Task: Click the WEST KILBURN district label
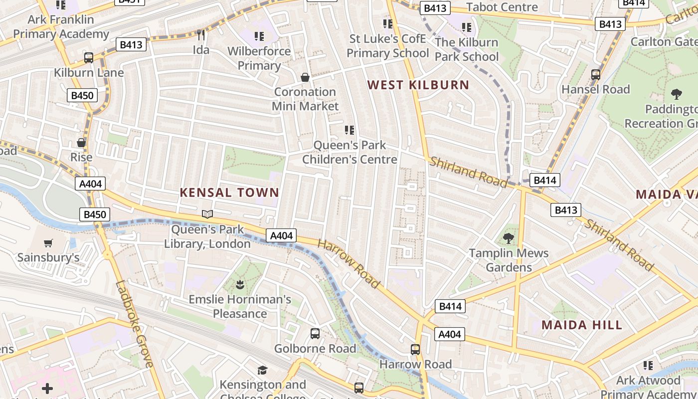pos(418,85)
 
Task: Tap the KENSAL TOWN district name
pos(229,193)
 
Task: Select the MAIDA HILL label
pos(582,325)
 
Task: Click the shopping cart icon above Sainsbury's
pos(48,243)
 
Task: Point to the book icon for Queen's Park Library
pos(207,214)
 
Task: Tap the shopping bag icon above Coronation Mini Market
pos(305,77)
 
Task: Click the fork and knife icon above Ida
pos(201,35)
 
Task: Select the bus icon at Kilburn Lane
pos(89,58)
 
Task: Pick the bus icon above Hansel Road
pos(595,75)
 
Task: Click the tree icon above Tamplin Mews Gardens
pos(509,238)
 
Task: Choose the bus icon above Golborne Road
pos(315,334)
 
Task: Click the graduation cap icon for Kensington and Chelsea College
pos(262,370)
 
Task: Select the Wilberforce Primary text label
pos(259,58)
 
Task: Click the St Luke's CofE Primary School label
pos(387,46)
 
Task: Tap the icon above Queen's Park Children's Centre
pos(349,130)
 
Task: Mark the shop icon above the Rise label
pos(81,143)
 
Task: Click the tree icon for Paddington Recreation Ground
pos(677,94)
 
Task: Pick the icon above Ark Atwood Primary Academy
pos(648,366)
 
